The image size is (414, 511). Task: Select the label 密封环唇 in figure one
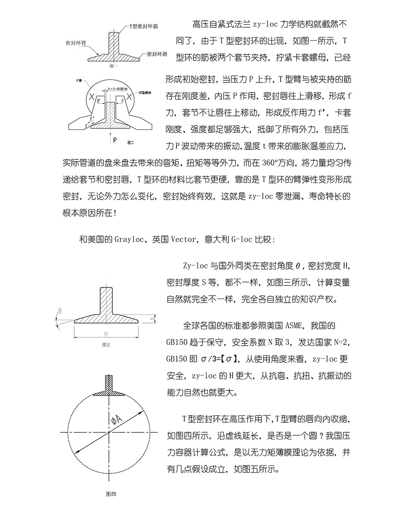pos(156,54)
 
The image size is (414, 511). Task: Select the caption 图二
pos(130,142)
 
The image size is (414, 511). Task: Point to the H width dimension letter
pos(106,333)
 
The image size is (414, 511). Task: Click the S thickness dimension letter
pos(152,319)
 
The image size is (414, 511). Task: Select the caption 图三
pos(106,344)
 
